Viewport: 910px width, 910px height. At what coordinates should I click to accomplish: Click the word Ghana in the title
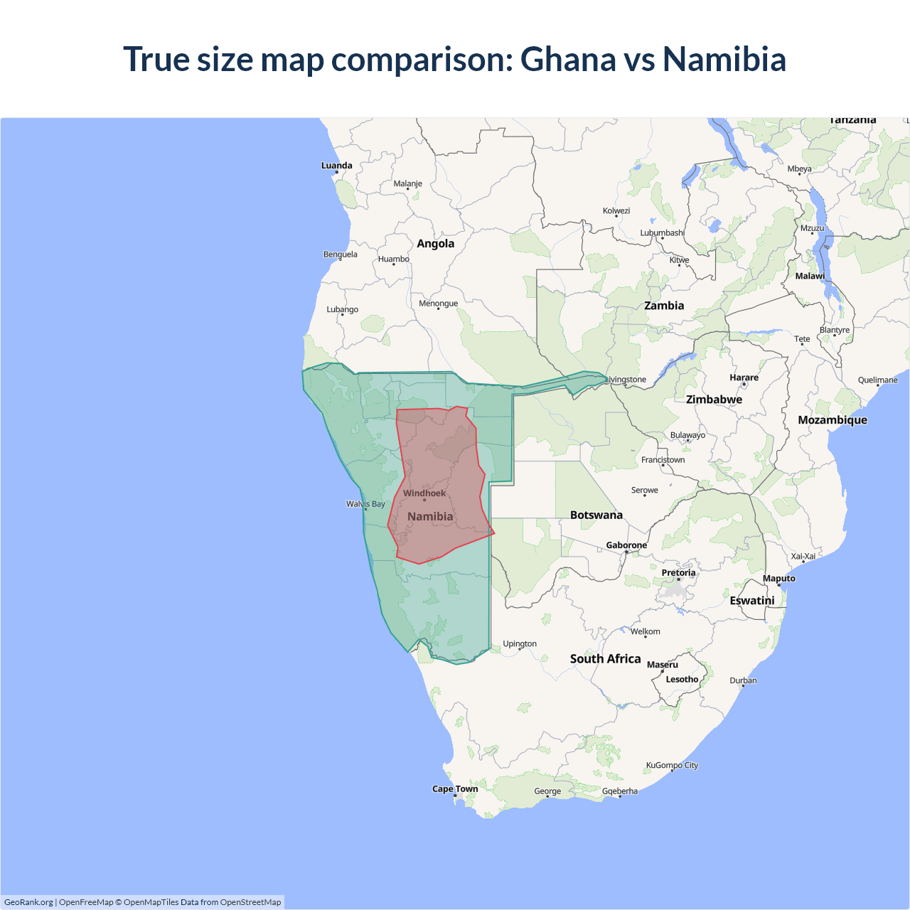[567, 59]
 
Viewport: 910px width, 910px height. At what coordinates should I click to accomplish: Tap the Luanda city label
[336, 166]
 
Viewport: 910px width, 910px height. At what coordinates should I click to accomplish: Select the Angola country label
[435, 244]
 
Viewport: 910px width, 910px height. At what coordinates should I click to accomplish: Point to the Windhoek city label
[424, 493]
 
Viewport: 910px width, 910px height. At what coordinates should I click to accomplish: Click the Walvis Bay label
[365, 504]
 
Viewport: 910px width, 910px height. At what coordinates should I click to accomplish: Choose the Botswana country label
[596, 515]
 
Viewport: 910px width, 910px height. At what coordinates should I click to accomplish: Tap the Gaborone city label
[626, 545]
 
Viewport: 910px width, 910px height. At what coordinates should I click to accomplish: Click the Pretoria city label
[678, 573]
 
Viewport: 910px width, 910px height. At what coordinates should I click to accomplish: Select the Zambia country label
[663, 306]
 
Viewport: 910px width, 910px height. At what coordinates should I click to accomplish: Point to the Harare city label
[744, 378]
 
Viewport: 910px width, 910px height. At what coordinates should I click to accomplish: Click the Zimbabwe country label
[714, 400]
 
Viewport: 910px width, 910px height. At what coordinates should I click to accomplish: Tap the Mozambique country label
[832, 420]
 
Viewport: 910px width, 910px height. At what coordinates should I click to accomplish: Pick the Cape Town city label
[455, 789]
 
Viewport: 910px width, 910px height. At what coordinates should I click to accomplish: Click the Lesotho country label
[682, 680]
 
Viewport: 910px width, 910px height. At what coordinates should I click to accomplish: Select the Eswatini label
[751, 601]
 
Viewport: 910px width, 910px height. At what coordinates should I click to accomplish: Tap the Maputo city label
[778, 579]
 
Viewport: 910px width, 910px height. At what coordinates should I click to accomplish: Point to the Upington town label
[520, 644]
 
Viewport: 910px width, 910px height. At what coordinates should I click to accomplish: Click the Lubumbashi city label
[662, 233]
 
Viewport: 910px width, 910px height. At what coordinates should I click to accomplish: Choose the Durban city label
[743, 681]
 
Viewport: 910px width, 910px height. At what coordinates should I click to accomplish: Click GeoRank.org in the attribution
[28, 902]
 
